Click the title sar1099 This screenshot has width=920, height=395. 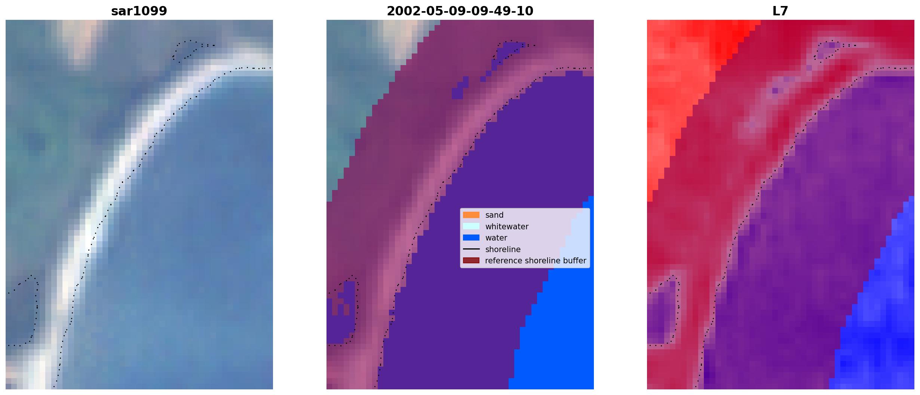coord(139,11)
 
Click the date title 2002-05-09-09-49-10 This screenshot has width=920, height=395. coord(460,11)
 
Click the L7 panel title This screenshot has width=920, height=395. coord(781,11)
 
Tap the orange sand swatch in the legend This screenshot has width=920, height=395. coord(471,215)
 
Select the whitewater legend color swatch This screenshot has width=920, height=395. coord(471,226)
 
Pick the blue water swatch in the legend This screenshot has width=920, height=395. coord(471,238)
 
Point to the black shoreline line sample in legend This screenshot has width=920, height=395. coord(471,249)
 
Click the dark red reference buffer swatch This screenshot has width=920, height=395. coord(471,260)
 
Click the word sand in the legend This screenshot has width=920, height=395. coord(494,215)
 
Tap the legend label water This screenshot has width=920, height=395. coord(496,238)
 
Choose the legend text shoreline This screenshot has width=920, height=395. coord(503,249)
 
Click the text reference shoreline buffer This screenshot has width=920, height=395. coord(536,261)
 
